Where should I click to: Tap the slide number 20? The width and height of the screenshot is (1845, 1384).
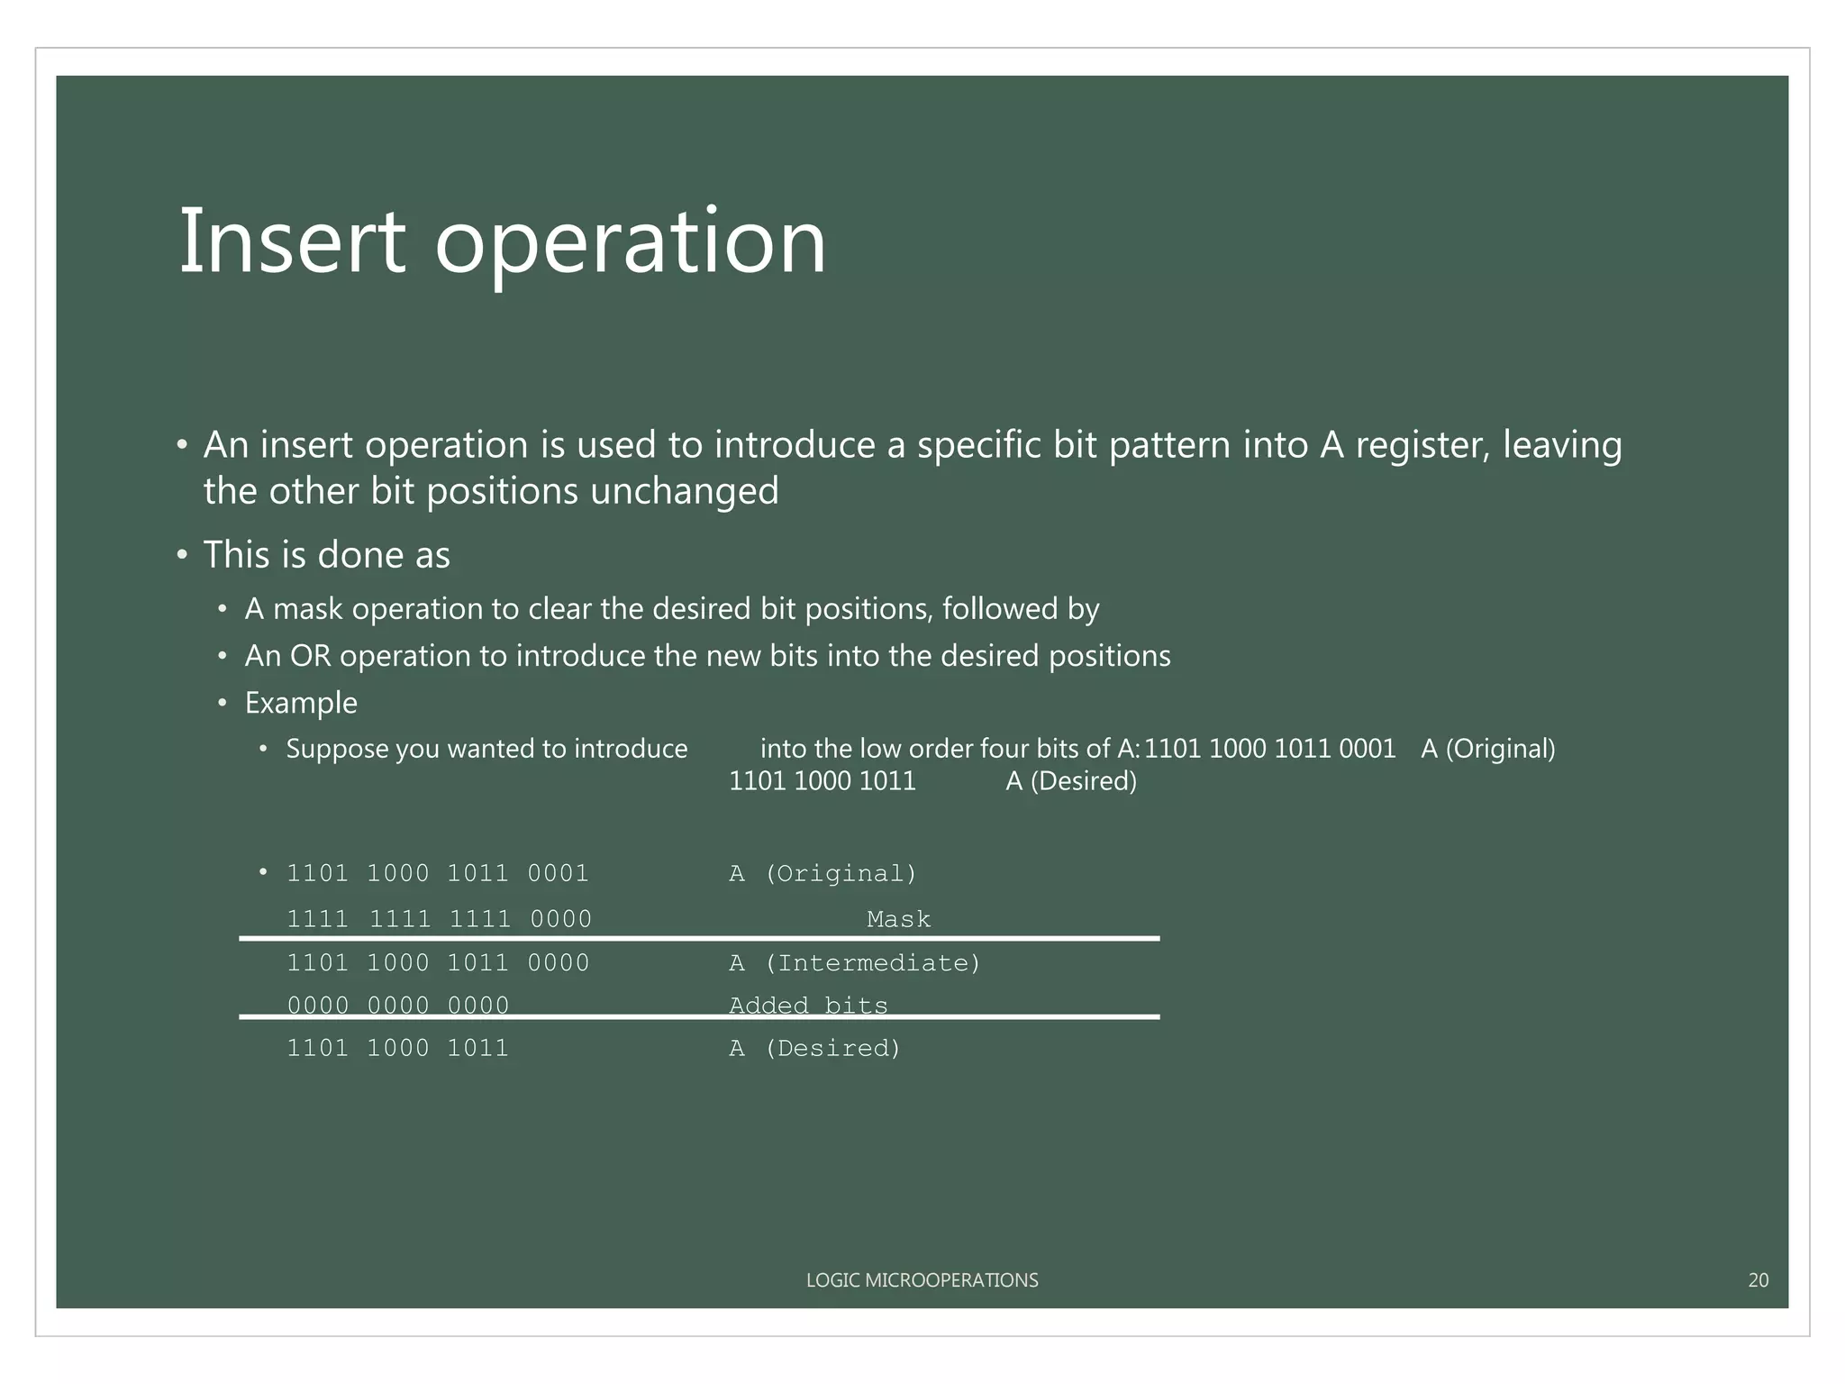[1758, 1279]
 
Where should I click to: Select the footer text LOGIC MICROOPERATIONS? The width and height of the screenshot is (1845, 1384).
[922, 1279]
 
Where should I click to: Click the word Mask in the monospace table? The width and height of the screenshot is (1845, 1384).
[898, 919]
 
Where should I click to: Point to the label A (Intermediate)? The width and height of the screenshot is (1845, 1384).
[854, 963]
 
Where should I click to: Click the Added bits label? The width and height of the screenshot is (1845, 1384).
[808, 1006]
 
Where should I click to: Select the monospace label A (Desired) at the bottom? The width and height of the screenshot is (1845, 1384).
[814, 1048]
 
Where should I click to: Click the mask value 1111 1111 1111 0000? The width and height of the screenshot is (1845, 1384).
[439, 919]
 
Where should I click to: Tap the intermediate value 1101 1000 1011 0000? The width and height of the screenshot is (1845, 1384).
[438, 963]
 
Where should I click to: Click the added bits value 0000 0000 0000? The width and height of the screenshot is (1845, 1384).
[398, 1006]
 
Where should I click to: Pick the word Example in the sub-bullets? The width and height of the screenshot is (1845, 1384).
[301, 703]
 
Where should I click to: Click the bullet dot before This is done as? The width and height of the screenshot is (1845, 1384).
[182, 555]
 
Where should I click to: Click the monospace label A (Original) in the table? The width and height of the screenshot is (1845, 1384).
[823, 873]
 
